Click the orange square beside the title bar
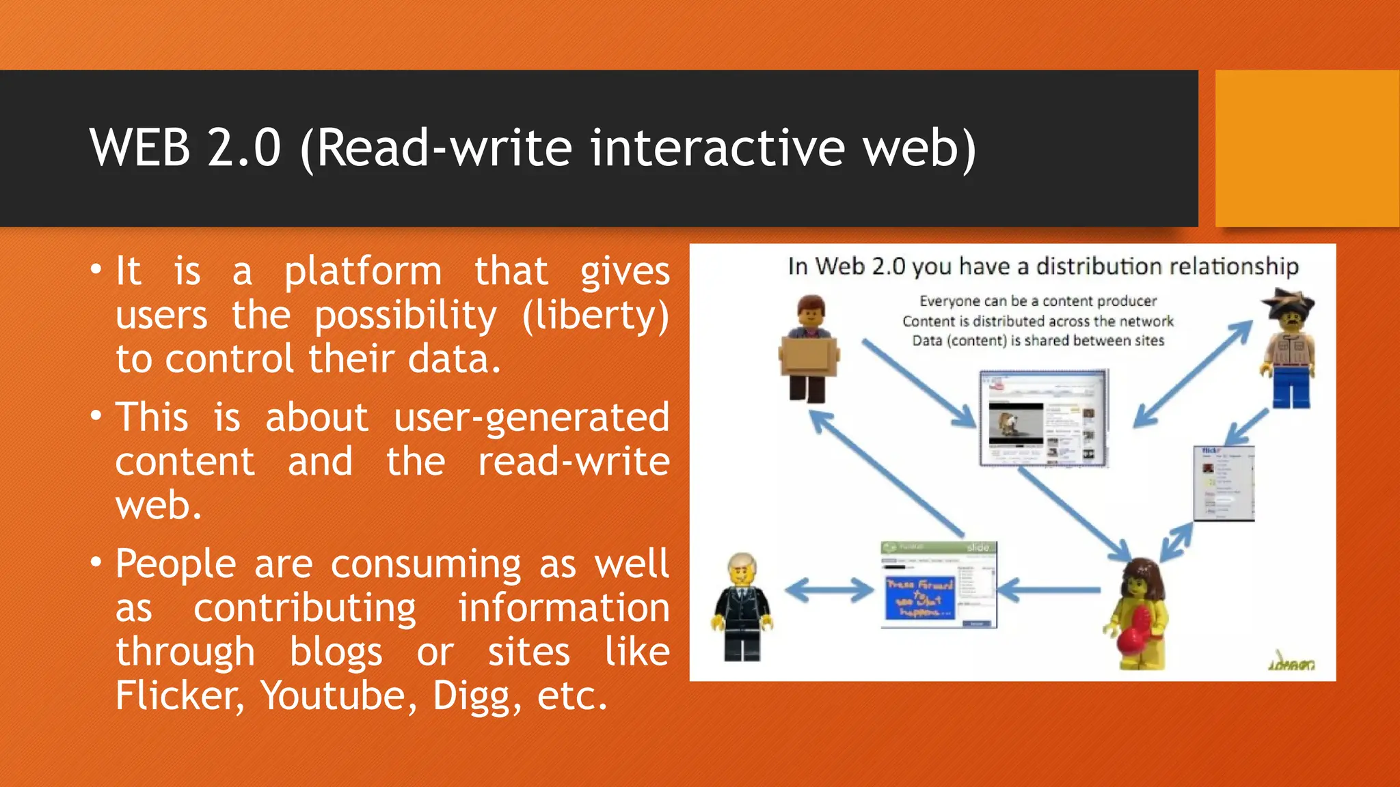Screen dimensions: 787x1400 click(1307, 148)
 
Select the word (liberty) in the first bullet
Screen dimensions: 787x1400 click(595, 316)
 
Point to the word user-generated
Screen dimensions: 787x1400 click(531, 418)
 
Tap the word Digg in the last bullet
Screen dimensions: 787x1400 click(472, 696)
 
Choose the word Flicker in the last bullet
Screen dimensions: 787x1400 click(179, 696)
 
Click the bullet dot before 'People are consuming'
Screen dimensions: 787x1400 click(96, 563)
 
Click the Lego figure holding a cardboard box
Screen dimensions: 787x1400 click(810, 349)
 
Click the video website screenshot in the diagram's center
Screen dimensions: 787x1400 click(1043, 418)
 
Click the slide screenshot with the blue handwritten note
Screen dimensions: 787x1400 click(939, 585)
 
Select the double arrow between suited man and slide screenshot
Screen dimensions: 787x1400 click(829, 590)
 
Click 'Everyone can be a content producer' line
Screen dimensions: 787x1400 click(1038, 301)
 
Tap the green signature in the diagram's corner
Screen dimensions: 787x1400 click(1292, 662)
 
